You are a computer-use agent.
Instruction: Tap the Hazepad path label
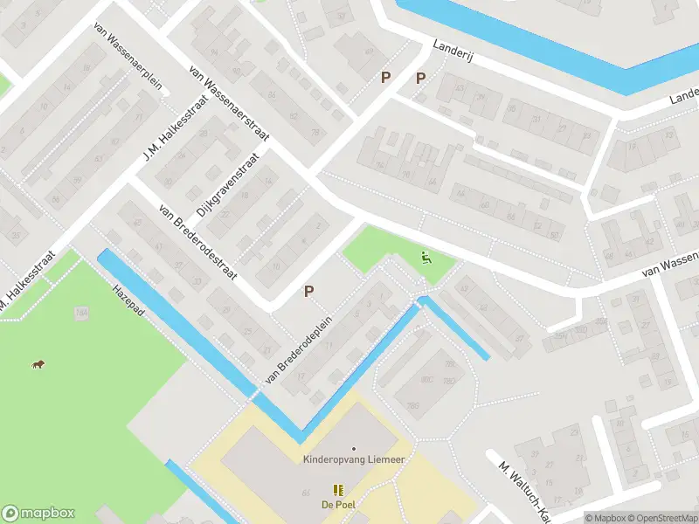pos(128,300)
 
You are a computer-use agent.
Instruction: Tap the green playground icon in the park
pos(426,257)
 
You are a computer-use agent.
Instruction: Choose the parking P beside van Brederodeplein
pos(308,291)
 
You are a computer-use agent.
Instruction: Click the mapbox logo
pos(39,513)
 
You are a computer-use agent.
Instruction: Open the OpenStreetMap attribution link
pos(662,518)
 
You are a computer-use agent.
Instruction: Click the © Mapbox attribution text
pos(605,518)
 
